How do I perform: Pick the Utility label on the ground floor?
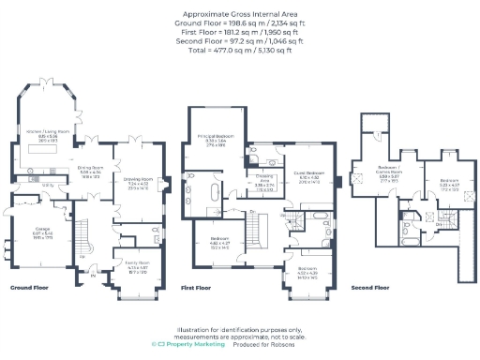point(46,185)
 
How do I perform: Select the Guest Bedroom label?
point(310,174)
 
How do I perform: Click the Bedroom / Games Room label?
point(368,172)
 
